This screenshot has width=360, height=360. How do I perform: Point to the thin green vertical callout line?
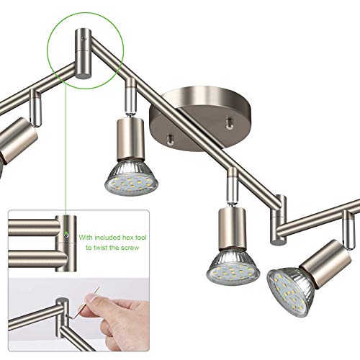tap(66, 144)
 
